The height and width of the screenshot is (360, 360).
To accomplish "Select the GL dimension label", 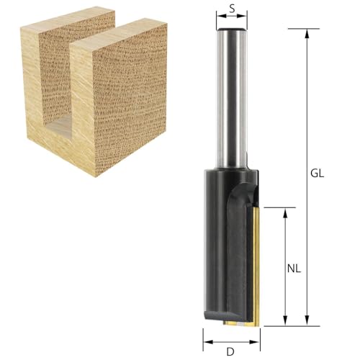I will (x=318, y=174).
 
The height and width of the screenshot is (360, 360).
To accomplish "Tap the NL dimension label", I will (x=293, y=269).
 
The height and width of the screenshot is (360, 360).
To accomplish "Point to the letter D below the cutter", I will (x=230, y=351).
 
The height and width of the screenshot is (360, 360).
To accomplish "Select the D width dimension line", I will (x=230, y=341).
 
